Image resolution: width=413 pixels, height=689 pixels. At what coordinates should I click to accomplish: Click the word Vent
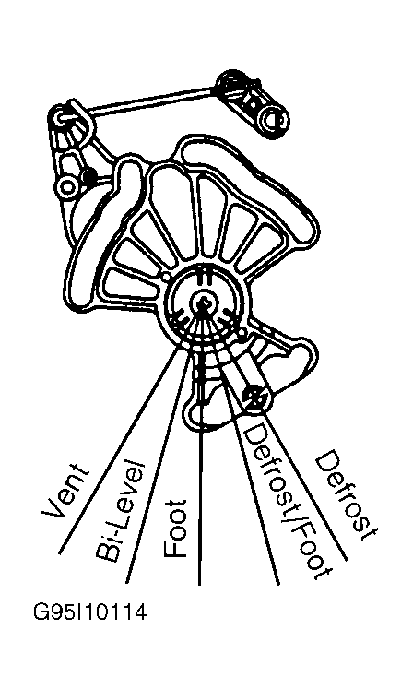(x=65, y=490)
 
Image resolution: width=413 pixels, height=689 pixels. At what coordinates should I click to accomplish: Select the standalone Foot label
(x=175, y=529)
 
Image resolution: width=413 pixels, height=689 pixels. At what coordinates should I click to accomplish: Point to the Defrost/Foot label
(x=285, y=501)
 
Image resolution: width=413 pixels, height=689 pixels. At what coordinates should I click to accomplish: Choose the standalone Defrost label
(x=346, y=495)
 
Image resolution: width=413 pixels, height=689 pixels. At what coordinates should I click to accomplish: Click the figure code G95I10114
(x=90, y=612)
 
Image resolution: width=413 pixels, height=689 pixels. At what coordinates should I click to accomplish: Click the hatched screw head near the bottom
(x=254, y=397)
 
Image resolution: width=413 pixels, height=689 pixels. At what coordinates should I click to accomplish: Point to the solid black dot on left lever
(x=90, y=176)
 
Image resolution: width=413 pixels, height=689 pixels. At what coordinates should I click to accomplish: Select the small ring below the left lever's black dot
(x=67, y=187)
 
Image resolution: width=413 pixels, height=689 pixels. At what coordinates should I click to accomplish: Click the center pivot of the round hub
(x=202, y=303)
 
